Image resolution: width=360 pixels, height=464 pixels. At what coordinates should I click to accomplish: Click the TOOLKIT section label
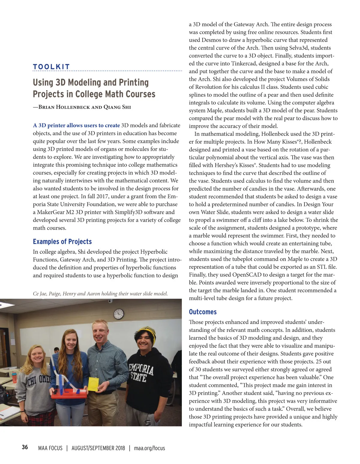(x=51, y=67)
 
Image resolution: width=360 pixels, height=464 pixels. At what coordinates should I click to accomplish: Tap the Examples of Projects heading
(x=62, y=242)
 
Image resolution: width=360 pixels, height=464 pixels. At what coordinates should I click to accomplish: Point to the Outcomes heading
(x=202, y=312)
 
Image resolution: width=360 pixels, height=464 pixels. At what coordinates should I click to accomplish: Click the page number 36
(x=25, y=447)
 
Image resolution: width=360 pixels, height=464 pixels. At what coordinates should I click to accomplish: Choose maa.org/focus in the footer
(x=149, y=448)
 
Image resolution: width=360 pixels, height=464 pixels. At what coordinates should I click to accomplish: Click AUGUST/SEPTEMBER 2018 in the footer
(x=98, y=448)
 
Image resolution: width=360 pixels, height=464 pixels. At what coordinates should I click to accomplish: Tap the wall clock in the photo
(x=119, y=314)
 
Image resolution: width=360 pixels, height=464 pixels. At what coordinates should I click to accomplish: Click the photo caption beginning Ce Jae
(x=100, y=293)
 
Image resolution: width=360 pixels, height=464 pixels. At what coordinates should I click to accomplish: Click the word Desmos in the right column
(x=212, y=40)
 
